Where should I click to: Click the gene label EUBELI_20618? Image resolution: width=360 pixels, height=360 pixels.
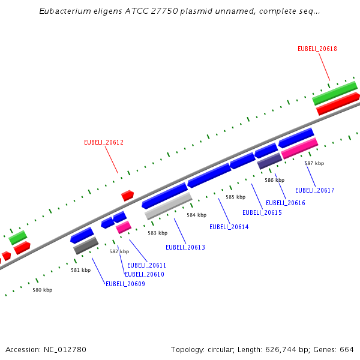coord(317,49)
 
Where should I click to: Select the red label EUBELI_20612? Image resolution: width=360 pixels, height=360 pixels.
coord(104,142)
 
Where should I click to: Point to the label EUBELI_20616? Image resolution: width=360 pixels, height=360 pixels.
coord(286,203)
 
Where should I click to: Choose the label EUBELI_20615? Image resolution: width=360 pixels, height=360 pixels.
coord(262,212)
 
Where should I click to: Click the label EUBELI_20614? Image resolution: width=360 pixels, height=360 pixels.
coord(229,227)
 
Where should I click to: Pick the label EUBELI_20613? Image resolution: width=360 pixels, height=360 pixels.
coord(185,247)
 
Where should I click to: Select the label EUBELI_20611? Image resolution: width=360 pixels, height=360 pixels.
coord(146,265)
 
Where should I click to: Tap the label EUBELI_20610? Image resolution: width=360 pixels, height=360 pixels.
coord(144,274)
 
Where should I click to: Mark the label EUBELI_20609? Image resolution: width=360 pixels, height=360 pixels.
coord(125,284)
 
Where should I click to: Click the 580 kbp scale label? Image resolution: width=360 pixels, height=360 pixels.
coord(42,290)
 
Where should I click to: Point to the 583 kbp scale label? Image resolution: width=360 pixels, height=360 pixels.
coord(157,233)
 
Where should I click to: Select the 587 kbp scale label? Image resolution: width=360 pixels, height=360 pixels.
coord(314,163)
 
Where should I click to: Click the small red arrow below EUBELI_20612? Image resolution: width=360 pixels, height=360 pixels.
coord(127,195)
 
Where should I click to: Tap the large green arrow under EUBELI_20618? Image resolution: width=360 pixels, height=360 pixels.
coord(335,93)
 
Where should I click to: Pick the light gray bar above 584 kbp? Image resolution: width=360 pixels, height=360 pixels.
coord(168,206)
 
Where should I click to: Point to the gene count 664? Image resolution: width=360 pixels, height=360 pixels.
coord(347,349)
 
